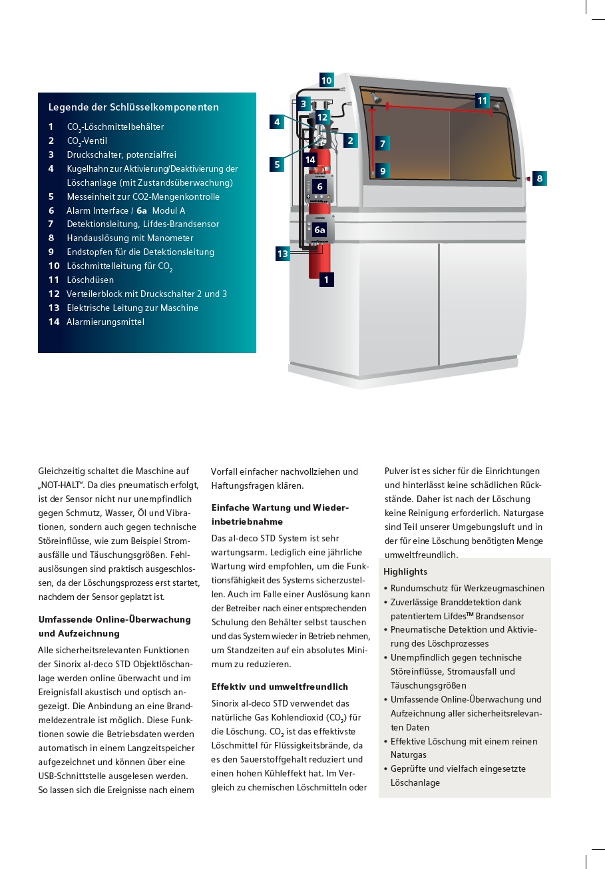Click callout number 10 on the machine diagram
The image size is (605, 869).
point(326,81)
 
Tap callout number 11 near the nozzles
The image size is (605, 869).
point(483,101)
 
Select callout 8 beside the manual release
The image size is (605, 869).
point(539,178)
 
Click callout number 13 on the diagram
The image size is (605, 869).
point(283,254)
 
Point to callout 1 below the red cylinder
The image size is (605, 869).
point(326,280)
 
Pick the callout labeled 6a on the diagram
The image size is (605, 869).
point(319,230)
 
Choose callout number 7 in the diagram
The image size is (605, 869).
point(382,143)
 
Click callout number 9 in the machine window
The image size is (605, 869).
point(382,171)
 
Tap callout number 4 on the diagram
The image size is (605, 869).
point(277,122)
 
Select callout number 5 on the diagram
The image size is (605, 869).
point(277,164)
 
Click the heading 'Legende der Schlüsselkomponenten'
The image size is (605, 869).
point(133,107)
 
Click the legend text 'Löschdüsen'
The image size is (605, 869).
point(90,280)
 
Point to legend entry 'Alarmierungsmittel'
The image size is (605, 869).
point(105,322)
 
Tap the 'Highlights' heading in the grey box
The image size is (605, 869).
point(405,571)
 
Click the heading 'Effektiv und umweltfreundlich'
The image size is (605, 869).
point(280,687)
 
